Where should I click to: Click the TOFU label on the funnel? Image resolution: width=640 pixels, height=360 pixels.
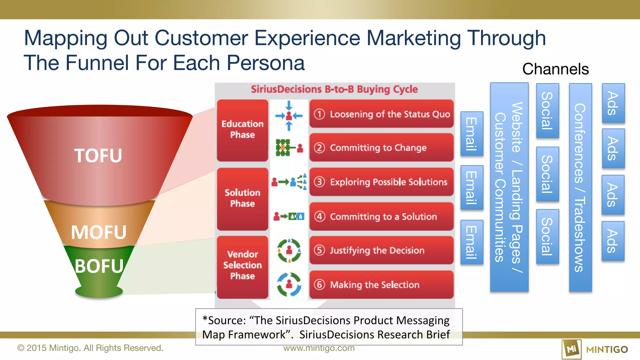click(98, 156)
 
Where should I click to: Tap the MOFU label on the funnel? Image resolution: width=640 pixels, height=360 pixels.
click(98, 232)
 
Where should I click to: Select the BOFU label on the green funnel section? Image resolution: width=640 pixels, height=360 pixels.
click(99, 266)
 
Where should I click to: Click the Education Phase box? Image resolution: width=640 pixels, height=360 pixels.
click(242, 130)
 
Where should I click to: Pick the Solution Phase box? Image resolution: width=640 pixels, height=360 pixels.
click(242, 198)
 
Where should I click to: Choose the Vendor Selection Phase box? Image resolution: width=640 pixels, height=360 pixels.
click(242, 265)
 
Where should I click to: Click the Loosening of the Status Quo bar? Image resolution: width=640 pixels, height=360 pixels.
click(381, 114)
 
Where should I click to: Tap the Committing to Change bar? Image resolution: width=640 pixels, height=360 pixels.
click(381, 147)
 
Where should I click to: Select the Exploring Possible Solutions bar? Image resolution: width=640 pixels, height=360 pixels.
click(381, 182)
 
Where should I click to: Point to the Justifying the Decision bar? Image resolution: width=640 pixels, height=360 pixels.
click(381, 250)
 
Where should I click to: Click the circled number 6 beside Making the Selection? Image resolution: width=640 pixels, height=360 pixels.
click(319, 285)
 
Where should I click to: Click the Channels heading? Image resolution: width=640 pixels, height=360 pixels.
click(555, 69)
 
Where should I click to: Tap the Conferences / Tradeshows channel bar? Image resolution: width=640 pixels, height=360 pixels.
click(580, 187)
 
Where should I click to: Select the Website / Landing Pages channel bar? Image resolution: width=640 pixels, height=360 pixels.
click(509, 187)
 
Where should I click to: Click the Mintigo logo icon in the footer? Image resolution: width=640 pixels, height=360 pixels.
click(572, 349)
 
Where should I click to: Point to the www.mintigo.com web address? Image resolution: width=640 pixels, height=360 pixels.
click(319, 348)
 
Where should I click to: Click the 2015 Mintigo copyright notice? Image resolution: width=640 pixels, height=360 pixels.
click(90, 348)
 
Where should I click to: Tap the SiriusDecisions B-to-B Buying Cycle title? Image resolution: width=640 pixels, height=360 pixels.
click(334, 89)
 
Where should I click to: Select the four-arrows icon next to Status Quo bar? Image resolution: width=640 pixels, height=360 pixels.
click(289, 116)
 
